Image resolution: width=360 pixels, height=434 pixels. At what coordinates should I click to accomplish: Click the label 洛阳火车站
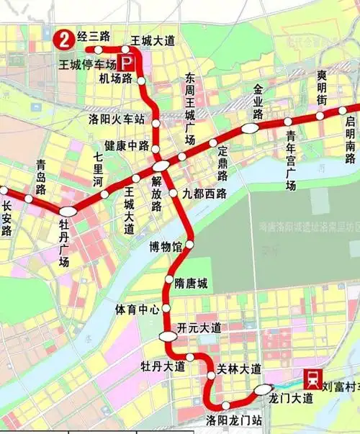coord(116,118)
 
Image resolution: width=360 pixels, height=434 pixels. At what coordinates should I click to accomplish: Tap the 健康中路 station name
coord(127,145)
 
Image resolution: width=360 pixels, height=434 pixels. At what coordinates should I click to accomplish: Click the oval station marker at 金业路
coord(250,128)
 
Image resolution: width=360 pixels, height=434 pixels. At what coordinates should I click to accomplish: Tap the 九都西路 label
coord(204,193)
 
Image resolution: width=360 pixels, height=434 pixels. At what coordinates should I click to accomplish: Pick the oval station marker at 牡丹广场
coord(68,212)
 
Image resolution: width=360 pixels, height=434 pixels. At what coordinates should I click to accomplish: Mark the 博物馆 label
coord(166,247)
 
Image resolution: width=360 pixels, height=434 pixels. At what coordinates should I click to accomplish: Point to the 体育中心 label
coord(138,309)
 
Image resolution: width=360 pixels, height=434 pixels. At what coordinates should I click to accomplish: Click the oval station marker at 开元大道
coord(168,335)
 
